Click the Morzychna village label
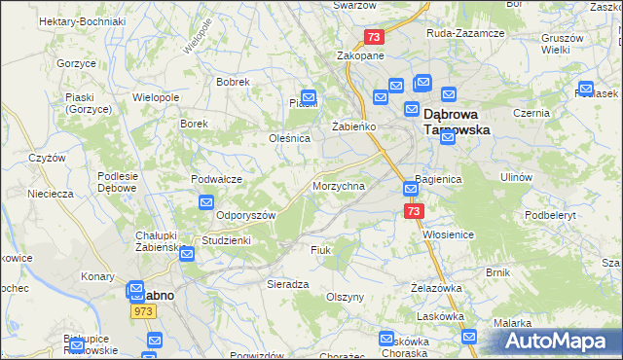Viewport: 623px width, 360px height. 338,186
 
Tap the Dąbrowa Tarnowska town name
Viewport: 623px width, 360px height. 458,121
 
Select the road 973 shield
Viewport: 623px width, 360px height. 144,310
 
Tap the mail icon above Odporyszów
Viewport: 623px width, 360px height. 206,202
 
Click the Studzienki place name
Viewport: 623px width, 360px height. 226,239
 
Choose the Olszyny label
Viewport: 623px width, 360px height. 346,297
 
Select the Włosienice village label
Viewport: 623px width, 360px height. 448,234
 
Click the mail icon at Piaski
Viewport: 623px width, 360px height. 309,97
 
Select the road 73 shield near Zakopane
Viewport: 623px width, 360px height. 375,37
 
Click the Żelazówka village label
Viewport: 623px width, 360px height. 435,288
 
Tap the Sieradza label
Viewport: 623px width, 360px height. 288,284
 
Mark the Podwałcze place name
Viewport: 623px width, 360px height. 216,178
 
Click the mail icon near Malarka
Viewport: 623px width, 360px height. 470,338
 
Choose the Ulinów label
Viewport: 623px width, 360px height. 516,177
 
